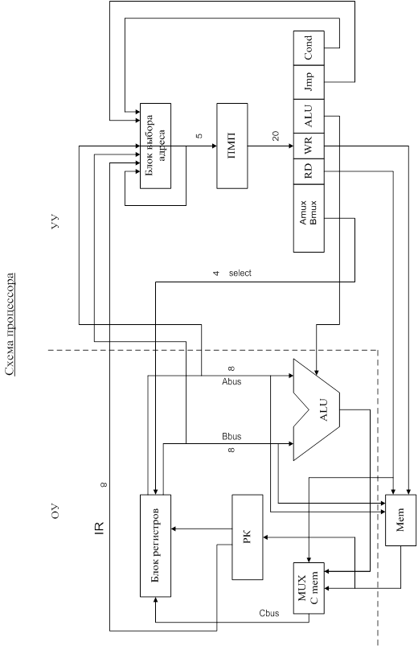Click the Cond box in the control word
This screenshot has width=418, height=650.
coord(309,47)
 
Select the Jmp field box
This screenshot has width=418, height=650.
coord(309,82)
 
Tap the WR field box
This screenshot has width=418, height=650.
coord(309,146)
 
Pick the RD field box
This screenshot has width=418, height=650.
coord(309,171)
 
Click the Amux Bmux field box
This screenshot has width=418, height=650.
coord(309,218)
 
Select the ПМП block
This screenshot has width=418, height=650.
coord(232,146)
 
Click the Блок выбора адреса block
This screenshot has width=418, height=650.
coord(155,146)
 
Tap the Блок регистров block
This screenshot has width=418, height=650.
coord(155,545)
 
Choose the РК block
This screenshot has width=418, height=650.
coord(248,537)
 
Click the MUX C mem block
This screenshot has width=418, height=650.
coord(309,588)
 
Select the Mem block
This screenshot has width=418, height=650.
coord(400,520)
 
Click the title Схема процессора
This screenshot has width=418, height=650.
coord(10,324)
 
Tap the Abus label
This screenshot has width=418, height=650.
coord(232,382)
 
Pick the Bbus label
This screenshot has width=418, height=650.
coord(232,437)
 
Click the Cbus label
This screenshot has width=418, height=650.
coord(268,613)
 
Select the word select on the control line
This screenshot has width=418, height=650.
coord(240,274)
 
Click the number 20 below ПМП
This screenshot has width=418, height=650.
coord(276,136)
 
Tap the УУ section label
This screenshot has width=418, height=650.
coord(55,222)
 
